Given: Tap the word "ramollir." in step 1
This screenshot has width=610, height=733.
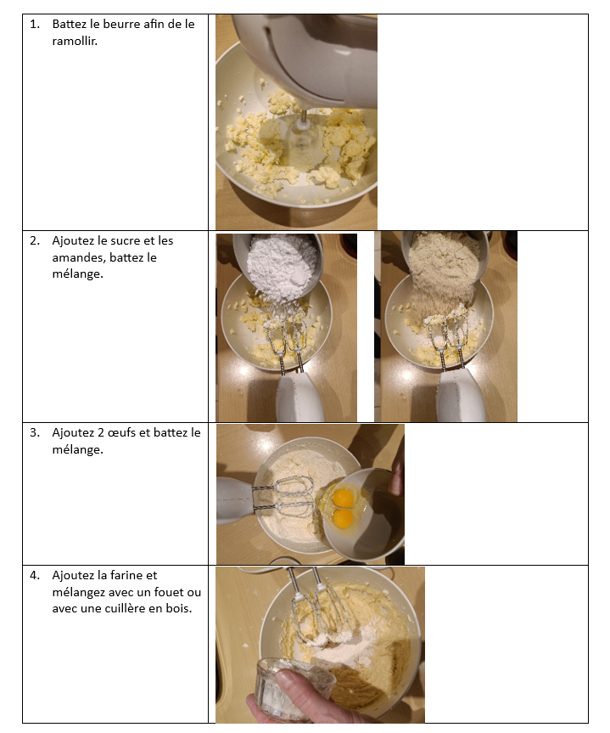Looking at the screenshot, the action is [75, 41].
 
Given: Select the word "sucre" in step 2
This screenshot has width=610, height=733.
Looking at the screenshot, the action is [125, 240].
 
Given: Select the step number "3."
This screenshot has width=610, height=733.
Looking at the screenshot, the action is [35, 433].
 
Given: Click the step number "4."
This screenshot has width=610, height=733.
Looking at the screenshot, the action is [35, 576].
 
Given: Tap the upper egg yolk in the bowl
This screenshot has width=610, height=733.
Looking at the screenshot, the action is [344, 498].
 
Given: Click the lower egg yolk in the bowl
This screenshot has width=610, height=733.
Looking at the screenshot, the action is [344, 518].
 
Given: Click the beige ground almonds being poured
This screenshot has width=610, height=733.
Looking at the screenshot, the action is [443, 271].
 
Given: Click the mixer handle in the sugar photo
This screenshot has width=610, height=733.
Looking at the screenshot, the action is [299, 398].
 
